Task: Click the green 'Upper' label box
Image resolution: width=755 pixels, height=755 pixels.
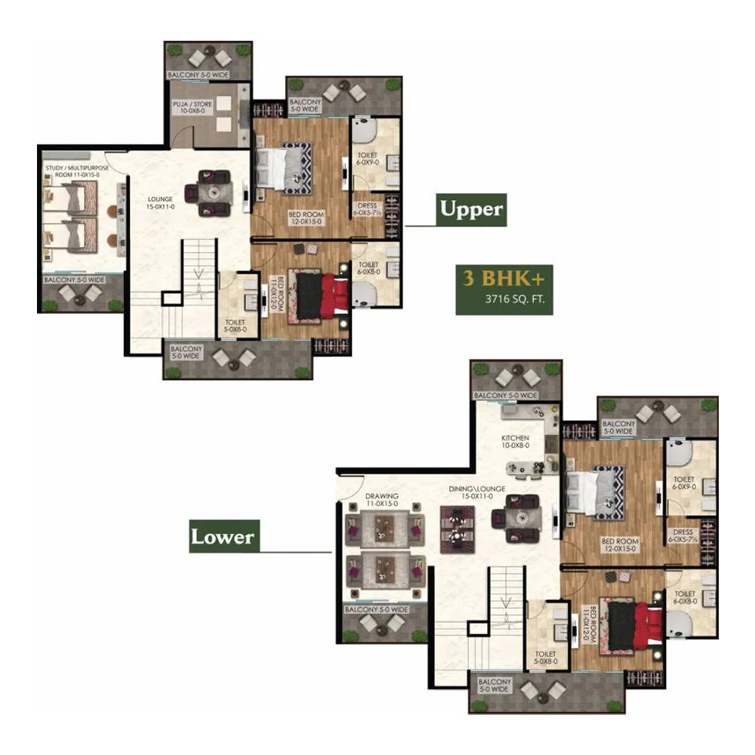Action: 471,209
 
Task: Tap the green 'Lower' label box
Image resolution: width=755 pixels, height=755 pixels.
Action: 224,536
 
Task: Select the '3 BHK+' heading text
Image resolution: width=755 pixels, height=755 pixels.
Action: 504,278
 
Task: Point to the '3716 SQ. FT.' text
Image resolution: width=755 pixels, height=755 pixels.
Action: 515,299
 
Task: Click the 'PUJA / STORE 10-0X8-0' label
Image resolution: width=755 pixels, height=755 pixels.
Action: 193,107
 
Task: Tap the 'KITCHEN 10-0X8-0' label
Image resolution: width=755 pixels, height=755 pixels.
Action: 515,442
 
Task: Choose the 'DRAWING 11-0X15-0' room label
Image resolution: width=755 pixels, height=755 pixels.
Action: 382,500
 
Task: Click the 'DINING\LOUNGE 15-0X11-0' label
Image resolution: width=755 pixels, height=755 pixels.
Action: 476,492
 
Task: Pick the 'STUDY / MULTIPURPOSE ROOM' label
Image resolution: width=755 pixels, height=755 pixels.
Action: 77,171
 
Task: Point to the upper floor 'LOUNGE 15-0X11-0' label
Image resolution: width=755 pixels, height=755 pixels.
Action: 160,202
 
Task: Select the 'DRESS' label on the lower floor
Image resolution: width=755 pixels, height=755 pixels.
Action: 683,532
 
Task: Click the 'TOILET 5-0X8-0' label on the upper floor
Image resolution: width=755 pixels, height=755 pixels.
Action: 235,326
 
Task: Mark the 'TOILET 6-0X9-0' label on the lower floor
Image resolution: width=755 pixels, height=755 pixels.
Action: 684,483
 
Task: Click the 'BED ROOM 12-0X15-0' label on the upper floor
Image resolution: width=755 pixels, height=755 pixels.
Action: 307,218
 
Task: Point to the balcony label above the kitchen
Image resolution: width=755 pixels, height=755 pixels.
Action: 506,396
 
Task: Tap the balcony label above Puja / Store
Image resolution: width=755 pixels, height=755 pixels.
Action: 198,75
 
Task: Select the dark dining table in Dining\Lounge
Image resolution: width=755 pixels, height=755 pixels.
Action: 457,529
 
